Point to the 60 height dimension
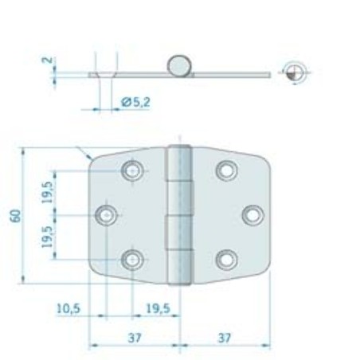15,215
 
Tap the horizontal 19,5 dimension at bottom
159,307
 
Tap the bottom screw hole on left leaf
132,258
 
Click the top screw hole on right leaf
226,170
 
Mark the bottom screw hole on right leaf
226,258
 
